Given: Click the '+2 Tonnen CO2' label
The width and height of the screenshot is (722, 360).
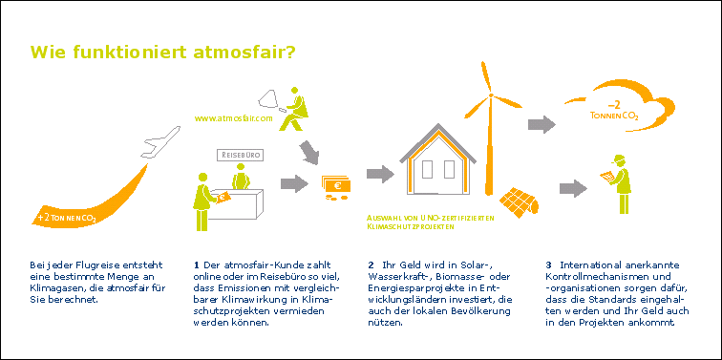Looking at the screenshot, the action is [66, 218].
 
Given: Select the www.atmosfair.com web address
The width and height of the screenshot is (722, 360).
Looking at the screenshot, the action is [234, 119].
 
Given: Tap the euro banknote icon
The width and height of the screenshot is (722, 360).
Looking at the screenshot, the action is [335, 185].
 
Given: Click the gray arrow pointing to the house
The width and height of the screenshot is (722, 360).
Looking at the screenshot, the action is [379, 174].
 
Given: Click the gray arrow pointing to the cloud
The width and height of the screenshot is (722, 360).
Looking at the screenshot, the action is [541, 123].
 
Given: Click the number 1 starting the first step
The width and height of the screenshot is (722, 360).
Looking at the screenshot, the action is [196, 265].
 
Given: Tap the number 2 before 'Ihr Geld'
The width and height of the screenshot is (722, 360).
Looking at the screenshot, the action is [370, 265].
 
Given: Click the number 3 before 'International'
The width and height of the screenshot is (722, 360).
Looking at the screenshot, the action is [548, 265].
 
